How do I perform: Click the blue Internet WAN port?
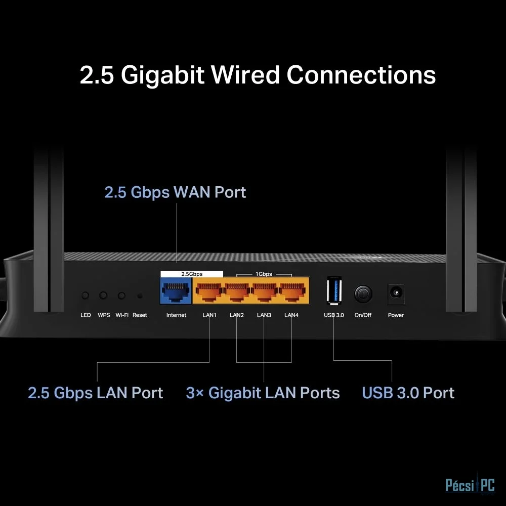click(x=176, y=290)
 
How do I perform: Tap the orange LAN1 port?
click(x=209, y=290)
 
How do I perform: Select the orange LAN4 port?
click(x=292, y=290)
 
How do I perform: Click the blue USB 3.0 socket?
click(x=334, y=290)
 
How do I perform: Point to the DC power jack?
click(x=396, y=293)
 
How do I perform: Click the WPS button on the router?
click(x=103, y=296)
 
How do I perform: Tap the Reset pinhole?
click(x=140, y=296)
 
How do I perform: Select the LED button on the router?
click(x=85, y=296)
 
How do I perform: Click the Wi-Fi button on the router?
click(x=121, y=296)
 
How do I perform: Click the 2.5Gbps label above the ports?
click(x=192, y=274)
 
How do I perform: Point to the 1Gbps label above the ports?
click(x=264, y=274)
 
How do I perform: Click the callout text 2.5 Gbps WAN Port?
click(x=175, y=192)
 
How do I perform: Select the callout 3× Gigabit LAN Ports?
click(x=263, y=393)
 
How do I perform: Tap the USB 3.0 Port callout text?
click(x=408, y=393)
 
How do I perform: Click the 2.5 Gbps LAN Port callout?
click(x=96, y=393)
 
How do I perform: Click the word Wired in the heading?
click(x=245, y=75)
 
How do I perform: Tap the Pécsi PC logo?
click(x=470, y=485)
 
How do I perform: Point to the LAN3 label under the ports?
click(x=264, y=315)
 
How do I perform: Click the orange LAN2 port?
click(x=237, y=290)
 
